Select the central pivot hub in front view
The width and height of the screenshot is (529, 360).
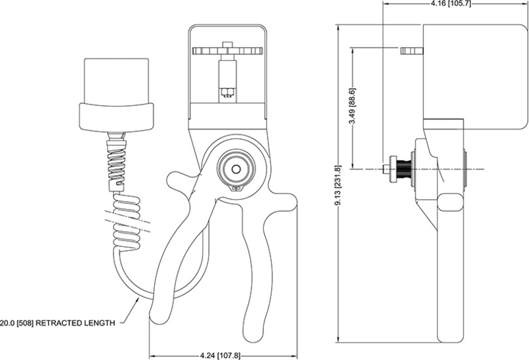(x=233, y=168)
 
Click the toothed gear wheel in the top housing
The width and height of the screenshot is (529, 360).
(x=227, y=51)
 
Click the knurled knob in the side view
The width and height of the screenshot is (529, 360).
(x=400, y=168)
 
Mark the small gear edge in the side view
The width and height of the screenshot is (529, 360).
(x=410, y=50)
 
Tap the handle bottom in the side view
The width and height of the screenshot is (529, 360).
(x=451, y=331)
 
